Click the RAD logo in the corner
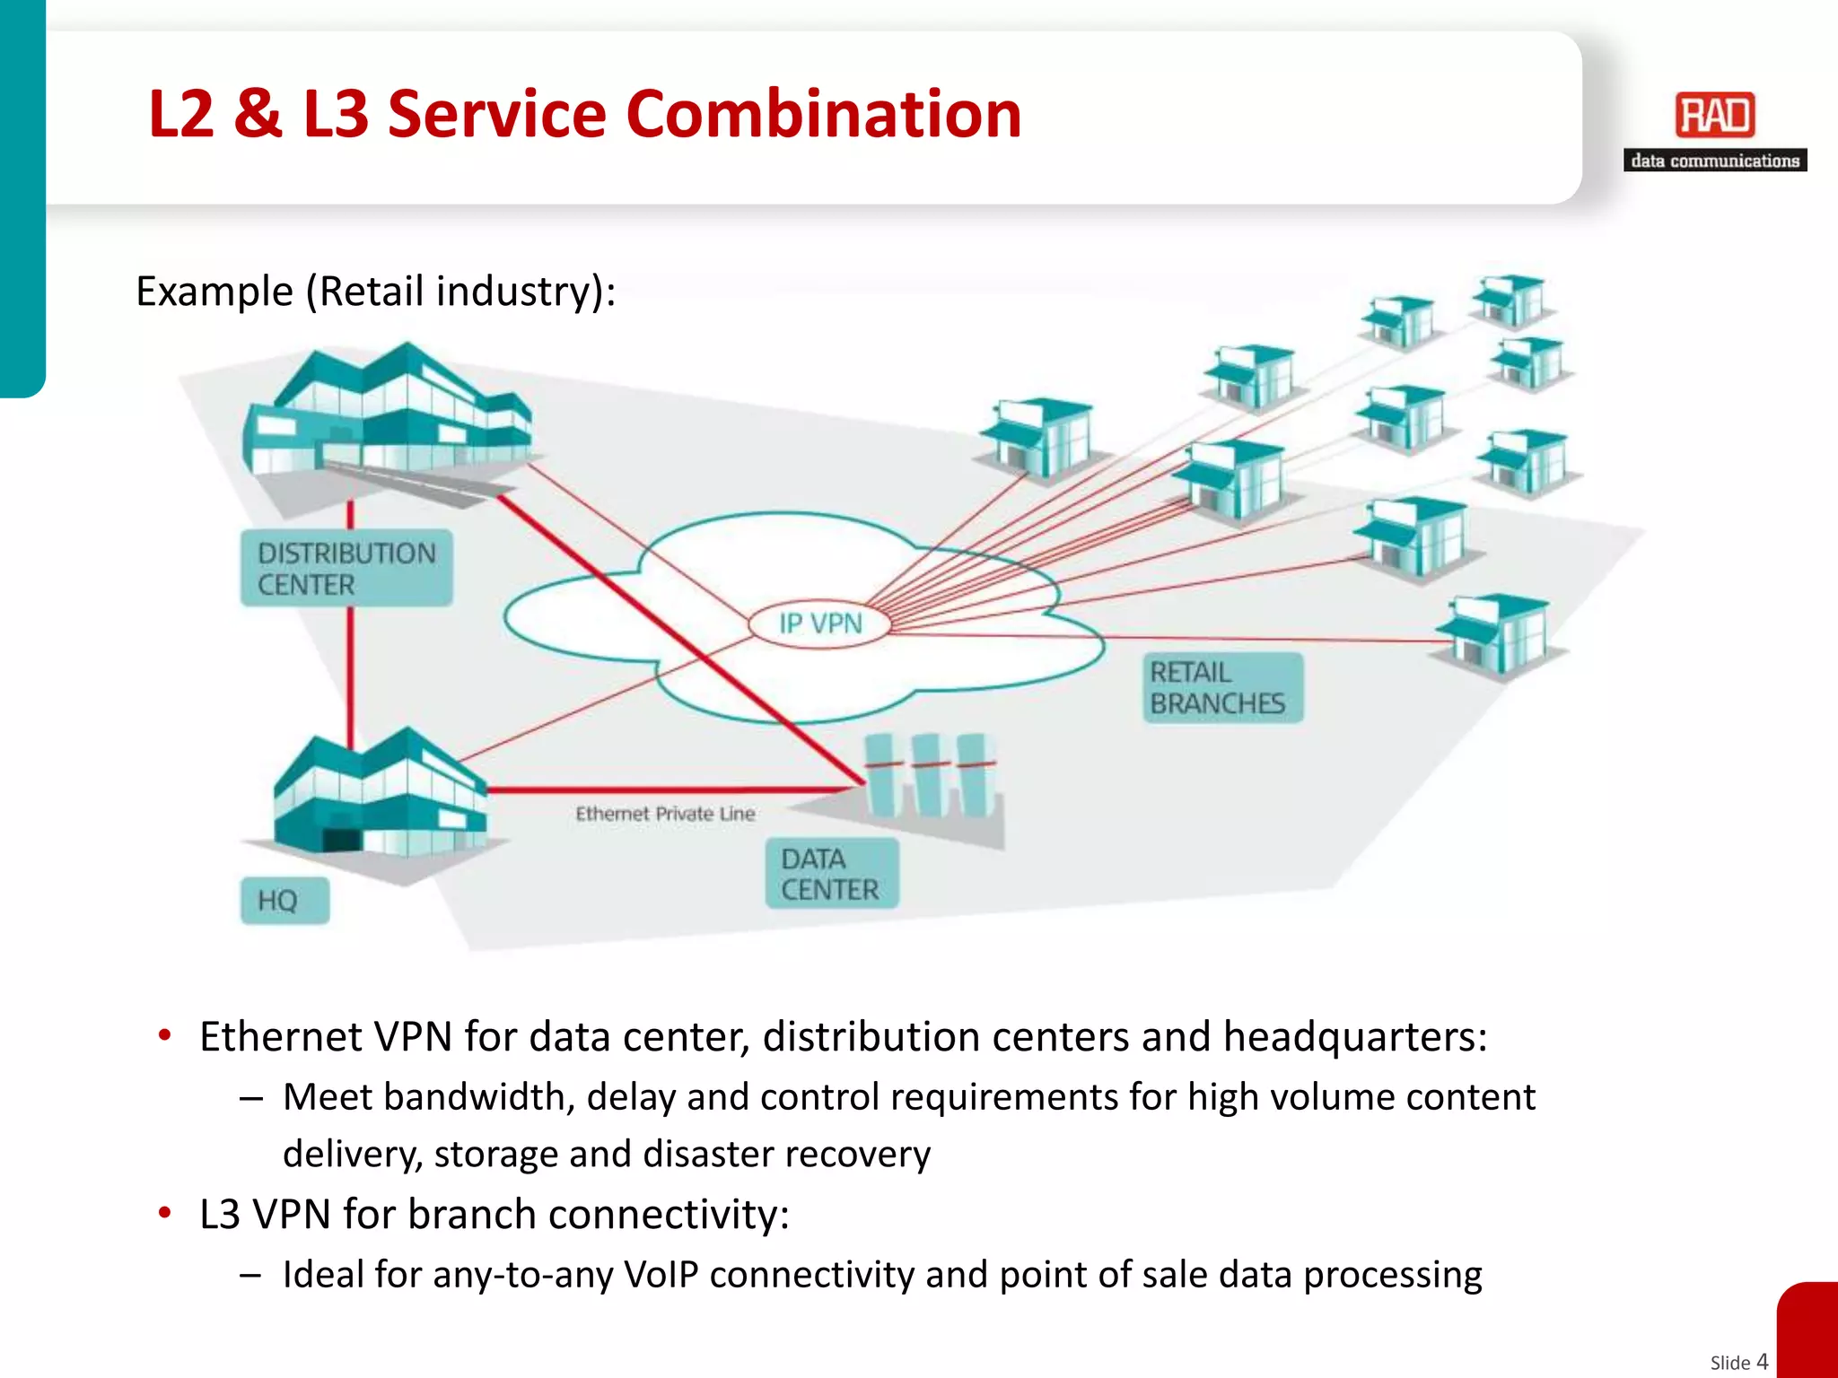[1714, 116]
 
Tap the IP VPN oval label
[820, 623]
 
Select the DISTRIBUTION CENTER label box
[346, 568]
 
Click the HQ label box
[284, 900]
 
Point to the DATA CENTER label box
[831, 874]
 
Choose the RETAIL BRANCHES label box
[1221, 688]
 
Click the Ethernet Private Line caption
[665, 814]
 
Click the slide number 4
[1762, 1361]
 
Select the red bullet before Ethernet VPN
[164, 1036]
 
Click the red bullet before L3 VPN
[164, 1214]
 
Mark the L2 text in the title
[181, 114]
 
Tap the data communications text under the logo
[1714, 161]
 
